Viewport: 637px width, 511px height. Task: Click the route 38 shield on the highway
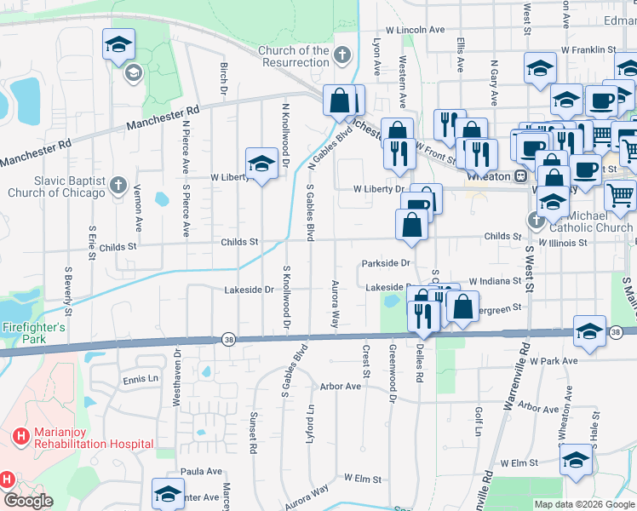228,337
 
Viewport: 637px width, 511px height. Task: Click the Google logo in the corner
28,500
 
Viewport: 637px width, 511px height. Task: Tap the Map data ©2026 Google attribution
584,504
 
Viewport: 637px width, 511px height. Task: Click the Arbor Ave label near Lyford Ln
341,387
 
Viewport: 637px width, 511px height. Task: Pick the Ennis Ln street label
141,380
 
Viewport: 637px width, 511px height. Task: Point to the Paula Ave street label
200,471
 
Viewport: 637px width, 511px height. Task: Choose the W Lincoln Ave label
415,29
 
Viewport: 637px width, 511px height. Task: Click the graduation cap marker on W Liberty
261,164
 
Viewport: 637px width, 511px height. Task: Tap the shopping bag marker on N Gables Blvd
340,100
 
